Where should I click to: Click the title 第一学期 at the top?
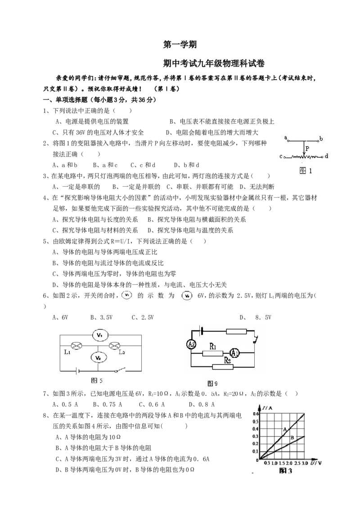pyautogui.click(x=180, y=45)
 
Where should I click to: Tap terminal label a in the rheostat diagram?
pyautogui.click(x=286, y=138)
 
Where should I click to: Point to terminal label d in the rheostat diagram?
pyautogui.click(x=326, y=156)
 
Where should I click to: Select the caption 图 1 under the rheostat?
pyautogui.click(x=306, y=170)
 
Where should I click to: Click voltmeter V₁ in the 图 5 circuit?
pyautogui.click(x=100, y=335)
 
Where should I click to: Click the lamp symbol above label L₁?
pyautogui.click(x=76, y=346)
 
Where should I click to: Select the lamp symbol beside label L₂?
pyautogui.click(x=114, y=346)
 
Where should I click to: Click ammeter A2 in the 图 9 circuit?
pyautogui.click(x=192, y=345)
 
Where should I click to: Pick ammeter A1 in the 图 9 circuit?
pyautogui.click(x=234, y=353)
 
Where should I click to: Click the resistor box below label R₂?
pyautogui.click(x=223, y=367)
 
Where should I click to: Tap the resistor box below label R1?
pyautogui.click(x=212, y=353)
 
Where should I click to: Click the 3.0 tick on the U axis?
pyautogui.click(x=305, y=463)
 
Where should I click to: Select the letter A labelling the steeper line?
pyautogui.click(x=285, y=429)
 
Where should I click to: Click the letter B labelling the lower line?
pyautogui.click(x=292, y=438)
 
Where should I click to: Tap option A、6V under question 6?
pyautogui.click(x=60, y=317)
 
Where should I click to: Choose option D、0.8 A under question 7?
pyautogui.click(x=202, y=404)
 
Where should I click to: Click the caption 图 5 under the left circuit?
pyautogui.click(x=97, y=380)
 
